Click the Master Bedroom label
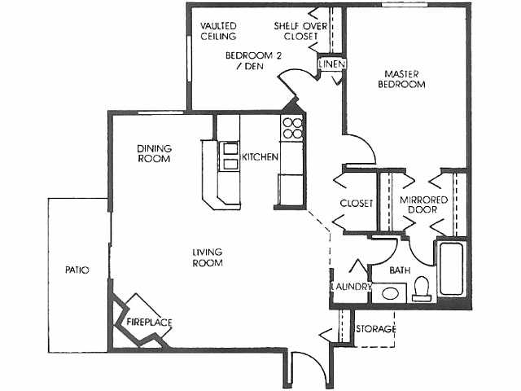(404, 78)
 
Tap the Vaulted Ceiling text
(218, 30)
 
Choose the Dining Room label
(153, 153)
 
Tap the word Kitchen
(260, 156)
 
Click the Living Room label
(208, 257)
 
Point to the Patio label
(77, 270)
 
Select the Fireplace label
(149, 323)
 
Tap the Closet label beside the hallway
(356, 203)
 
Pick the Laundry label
(352, 287)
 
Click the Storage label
(375, 329)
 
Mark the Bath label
(399, 270)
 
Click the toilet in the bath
(422, 289)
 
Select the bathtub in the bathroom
(450, 268)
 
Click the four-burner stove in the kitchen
(292, 129)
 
